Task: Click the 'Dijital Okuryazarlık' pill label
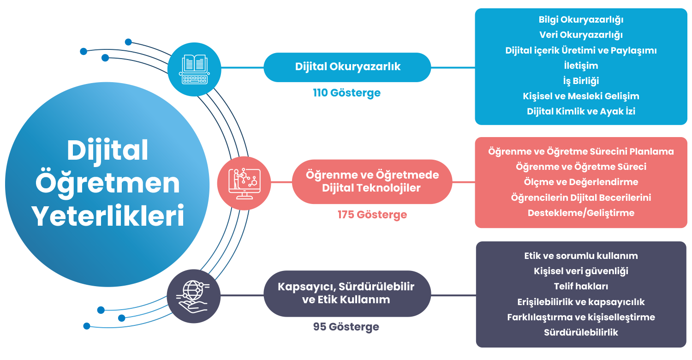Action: pos(347,66)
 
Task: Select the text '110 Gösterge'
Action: pos(347,93)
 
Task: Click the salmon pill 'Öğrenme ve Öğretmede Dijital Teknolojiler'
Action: pos(372,181)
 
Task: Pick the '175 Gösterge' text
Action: pos(372,215)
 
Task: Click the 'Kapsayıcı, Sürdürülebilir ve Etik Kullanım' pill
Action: pos(346,293)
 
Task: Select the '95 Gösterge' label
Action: pos(346,327)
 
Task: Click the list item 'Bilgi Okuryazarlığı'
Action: pos(581,19)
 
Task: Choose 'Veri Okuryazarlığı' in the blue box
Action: pos(581,35)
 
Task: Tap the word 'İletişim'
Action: pos(581,66)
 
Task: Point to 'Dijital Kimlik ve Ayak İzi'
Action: pos(581,111)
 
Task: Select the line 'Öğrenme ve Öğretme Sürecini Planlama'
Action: pos(581,151)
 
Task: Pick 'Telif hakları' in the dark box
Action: pos(581,286)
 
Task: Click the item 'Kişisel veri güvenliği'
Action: pos(581,271)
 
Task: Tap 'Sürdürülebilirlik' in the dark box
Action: pos(581,332)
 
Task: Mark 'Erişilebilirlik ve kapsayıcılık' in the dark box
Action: pos(581,302)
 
